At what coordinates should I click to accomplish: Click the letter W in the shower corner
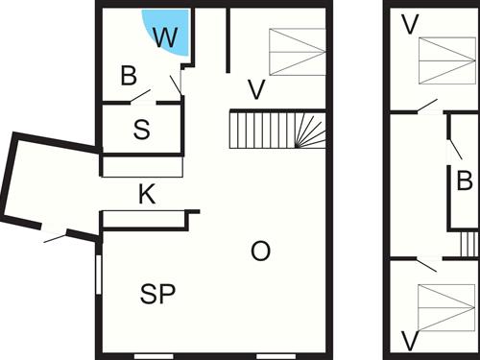[166, 38]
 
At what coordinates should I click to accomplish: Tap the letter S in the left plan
[142, 131]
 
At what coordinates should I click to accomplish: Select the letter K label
[146, 195]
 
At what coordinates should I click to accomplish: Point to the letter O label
[260, 252]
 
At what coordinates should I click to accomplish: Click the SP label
[157, 295]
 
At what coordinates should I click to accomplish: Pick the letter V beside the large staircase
[255, 90]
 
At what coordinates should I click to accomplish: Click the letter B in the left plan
[129, 75]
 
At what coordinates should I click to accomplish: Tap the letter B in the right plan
[465, 180]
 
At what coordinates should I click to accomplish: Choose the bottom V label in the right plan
[411, 340]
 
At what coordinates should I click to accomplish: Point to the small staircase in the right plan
[468, 244]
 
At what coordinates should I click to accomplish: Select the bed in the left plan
[297, 51]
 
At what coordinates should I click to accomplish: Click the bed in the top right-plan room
[446, 59]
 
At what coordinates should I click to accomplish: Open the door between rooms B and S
[141, 97]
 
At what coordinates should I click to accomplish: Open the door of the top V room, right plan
[426, 106]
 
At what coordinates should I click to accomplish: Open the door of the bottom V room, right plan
[424, 263]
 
